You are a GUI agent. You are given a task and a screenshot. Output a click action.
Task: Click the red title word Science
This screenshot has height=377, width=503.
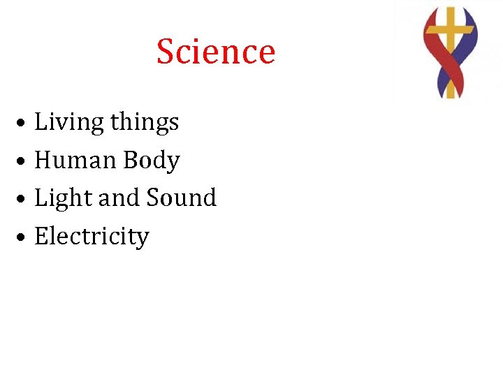(216, 52)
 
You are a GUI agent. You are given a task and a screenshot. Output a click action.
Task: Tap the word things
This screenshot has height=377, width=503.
(144, 123)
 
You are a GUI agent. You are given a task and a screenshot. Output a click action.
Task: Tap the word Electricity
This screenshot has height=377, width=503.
(92, 237)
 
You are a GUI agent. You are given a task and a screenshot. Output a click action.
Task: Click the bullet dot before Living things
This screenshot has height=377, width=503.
(23, 124)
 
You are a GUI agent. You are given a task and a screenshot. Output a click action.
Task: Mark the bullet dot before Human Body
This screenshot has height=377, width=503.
(23, 161)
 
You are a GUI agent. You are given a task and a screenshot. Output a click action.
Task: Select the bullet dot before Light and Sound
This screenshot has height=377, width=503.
(23, 200)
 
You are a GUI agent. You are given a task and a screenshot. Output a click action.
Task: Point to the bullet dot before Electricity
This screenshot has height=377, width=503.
(23, 237)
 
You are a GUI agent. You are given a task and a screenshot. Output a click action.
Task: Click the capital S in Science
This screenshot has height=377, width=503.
(166, 52)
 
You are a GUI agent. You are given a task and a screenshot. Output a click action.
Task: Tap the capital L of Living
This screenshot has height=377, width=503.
(41, 122)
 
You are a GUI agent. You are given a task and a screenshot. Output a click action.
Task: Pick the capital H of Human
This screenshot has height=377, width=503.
(43, 161)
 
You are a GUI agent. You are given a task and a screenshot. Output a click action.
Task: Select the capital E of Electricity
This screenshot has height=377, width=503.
(41, 237)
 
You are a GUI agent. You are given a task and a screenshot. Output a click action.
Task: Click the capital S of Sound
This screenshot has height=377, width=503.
(152, 198)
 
